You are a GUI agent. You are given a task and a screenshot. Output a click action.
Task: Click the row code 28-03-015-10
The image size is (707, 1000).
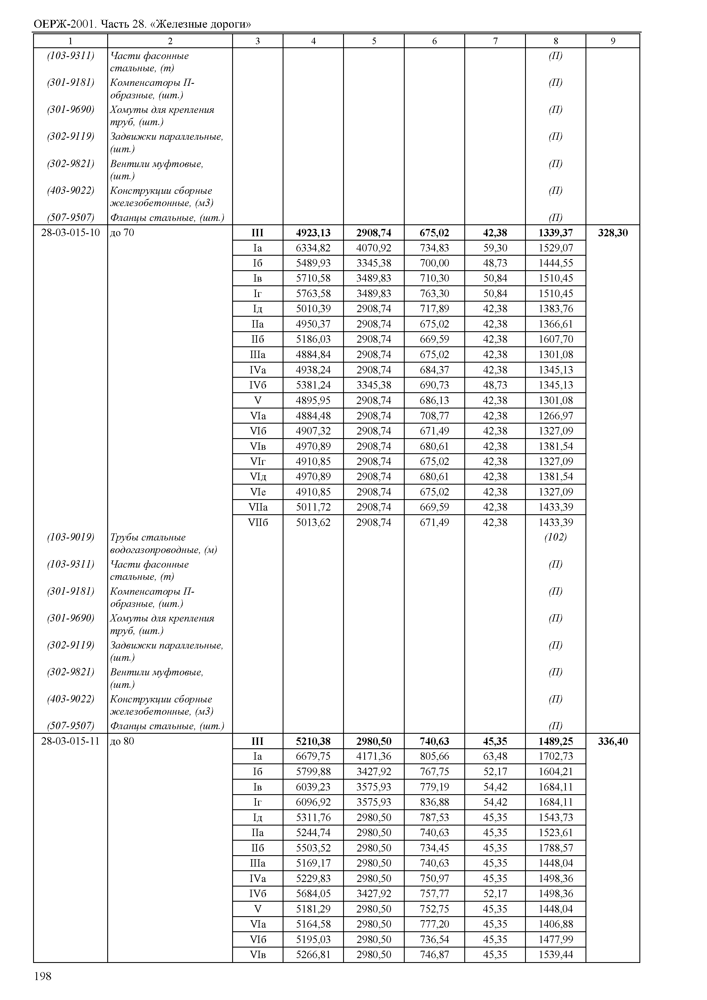tap(70, 233)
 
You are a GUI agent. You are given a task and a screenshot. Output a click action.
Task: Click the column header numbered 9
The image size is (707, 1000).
tap(613, 41)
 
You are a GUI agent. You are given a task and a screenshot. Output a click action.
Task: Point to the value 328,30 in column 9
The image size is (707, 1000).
tap(613, 233)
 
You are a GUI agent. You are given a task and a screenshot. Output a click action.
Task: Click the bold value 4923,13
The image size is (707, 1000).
tap(313, 233)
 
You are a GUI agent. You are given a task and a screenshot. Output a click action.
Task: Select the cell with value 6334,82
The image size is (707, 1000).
tap(313, 248)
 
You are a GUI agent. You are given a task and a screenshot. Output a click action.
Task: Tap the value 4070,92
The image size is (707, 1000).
tap(374, 248)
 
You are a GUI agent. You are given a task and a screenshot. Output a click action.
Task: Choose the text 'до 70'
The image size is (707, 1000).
tap(122, 233)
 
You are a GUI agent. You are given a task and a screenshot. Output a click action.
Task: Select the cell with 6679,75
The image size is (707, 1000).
tap(313, 757)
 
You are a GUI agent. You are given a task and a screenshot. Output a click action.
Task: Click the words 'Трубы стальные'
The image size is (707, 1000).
tap(148, 537)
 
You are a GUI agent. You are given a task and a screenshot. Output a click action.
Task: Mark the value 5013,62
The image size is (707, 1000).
tap(313, 522)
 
